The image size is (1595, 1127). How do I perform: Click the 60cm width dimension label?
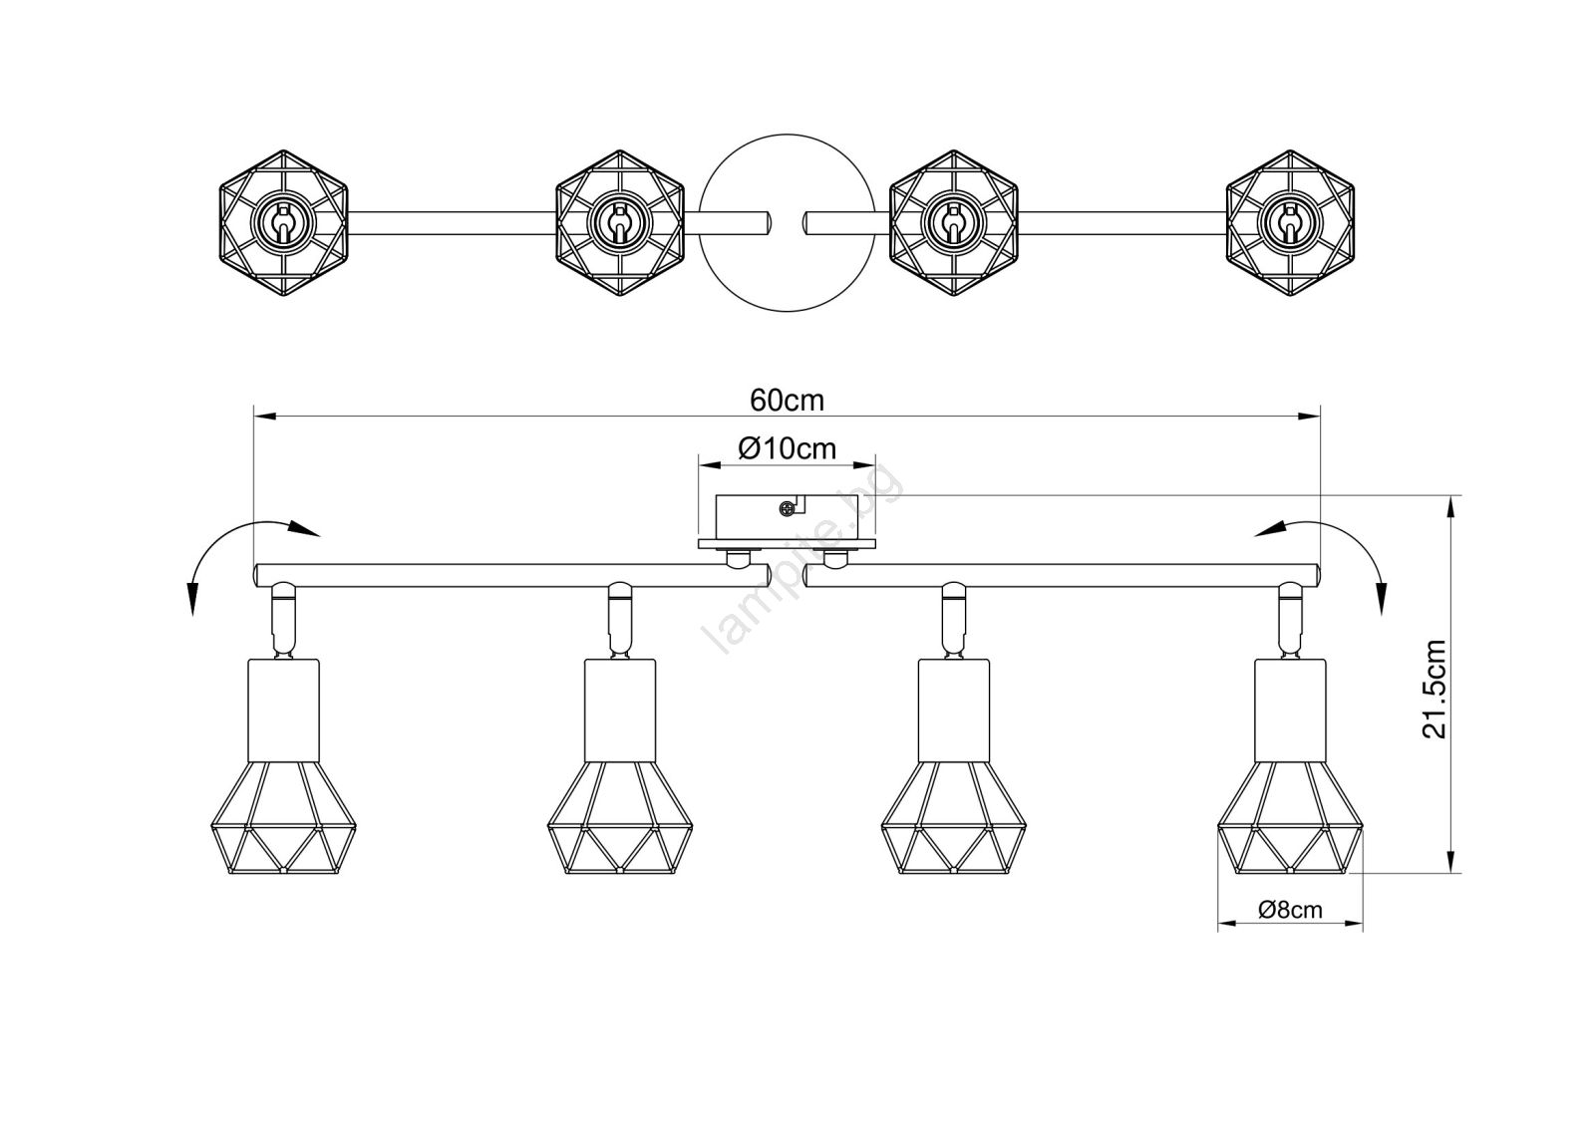click(x=787, y=401)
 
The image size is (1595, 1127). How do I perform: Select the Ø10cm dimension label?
click(x=787, y=448)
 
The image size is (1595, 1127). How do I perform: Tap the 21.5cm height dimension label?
click(x=1435, y=690)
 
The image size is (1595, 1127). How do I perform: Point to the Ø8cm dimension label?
click(x=1290, y=909)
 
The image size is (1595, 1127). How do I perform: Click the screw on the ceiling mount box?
click(x=787, y=509)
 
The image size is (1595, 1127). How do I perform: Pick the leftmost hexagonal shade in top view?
click(x=283, y=223)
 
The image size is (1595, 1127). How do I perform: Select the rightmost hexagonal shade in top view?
click(x=1290, y=223)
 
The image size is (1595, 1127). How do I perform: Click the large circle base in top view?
click(x=787, y=136)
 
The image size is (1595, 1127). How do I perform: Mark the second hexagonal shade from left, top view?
click(x=619, y=223)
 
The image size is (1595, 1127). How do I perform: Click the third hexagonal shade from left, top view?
click(x=954, y=223)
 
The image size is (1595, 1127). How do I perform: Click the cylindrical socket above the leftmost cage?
click(x=283, y=710)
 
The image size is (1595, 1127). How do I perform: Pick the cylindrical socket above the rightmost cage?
click(x=1290, y=710)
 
